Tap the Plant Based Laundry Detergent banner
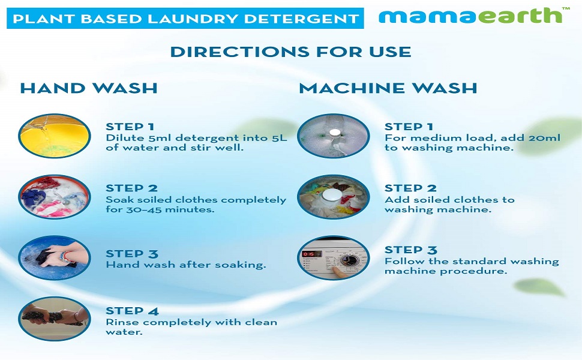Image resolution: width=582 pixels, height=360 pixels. (185, 18)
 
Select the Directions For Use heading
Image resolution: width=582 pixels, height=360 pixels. (290, 52)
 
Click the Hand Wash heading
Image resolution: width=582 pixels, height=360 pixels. (89, 88)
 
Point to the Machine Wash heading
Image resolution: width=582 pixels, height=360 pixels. (388, 88)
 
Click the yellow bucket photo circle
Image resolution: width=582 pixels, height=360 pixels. (55, 136)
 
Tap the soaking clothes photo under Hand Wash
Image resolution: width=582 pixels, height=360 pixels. (55, 197)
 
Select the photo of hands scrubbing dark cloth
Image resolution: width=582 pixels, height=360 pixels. (55, 258)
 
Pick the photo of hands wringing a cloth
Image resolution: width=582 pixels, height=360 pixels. (55, 319)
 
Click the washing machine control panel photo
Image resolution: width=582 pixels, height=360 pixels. (334, 258)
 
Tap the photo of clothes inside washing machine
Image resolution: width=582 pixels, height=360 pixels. (334, 197)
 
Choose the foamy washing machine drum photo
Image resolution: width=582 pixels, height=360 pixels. (334, 136)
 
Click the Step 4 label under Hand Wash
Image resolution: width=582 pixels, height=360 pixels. (132, 311)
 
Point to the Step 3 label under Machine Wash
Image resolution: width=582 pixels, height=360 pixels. (411, 250)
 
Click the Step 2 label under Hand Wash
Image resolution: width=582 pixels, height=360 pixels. (132, 188)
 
